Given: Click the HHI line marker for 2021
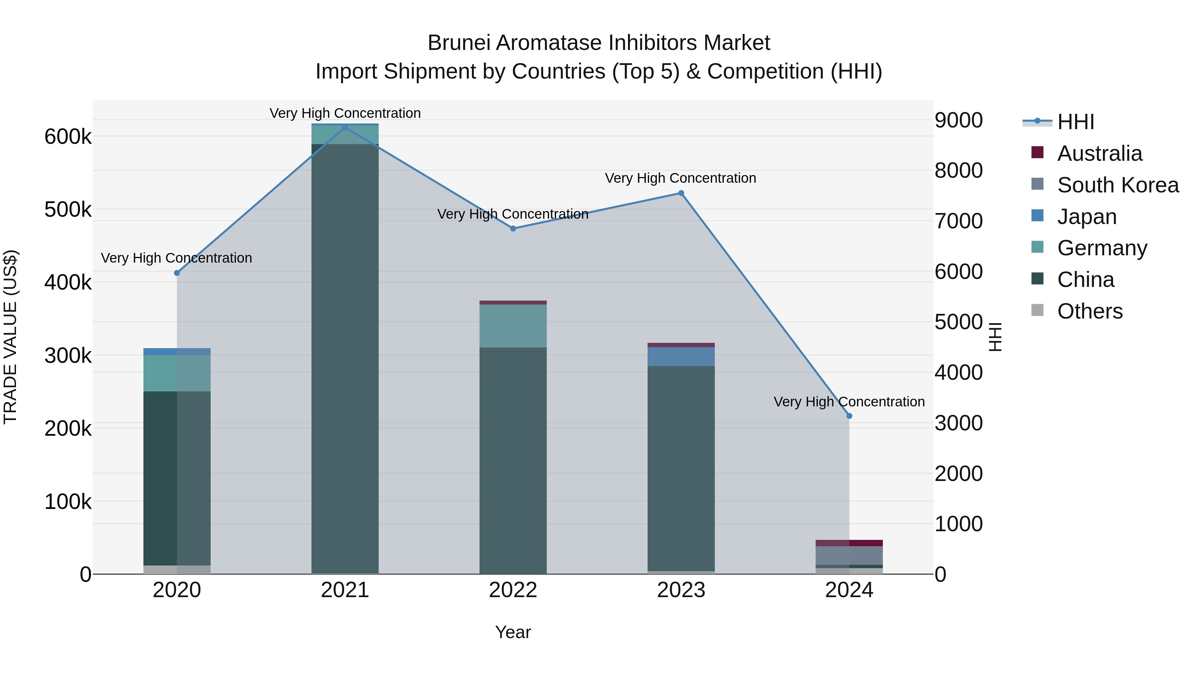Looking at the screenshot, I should click(x=345, y=127).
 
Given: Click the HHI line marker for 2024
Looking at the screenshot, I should click(x=849, y=416).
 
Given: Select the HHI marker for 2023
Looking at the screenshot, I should click(x=681, y=193).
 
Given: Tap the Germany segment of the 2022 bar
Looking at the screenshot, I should click(x=513, y=326).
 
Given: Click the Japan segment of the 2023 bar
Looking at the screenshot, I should click(x=681, y=356).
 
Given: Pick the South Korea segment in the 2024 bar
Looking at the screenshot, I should click(x=849, y=556).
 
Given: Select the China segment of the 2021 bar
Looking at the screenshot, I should click(x=345, y=358).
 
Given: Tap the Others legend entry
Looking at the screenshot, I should click(x=1090, y=311).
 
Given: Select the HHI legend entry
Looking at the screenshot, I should click(x=1075, y=122).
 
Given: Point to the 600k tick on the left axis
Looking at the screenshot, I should click(x=68, y=137).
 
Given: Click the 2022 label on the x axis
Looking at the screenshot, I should click(x=513, y=590).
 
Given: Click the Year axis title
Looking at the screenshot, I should click(x=513, y=632).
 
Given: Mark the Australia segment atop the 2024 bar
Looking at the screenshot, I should click(x=849, y=543).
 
